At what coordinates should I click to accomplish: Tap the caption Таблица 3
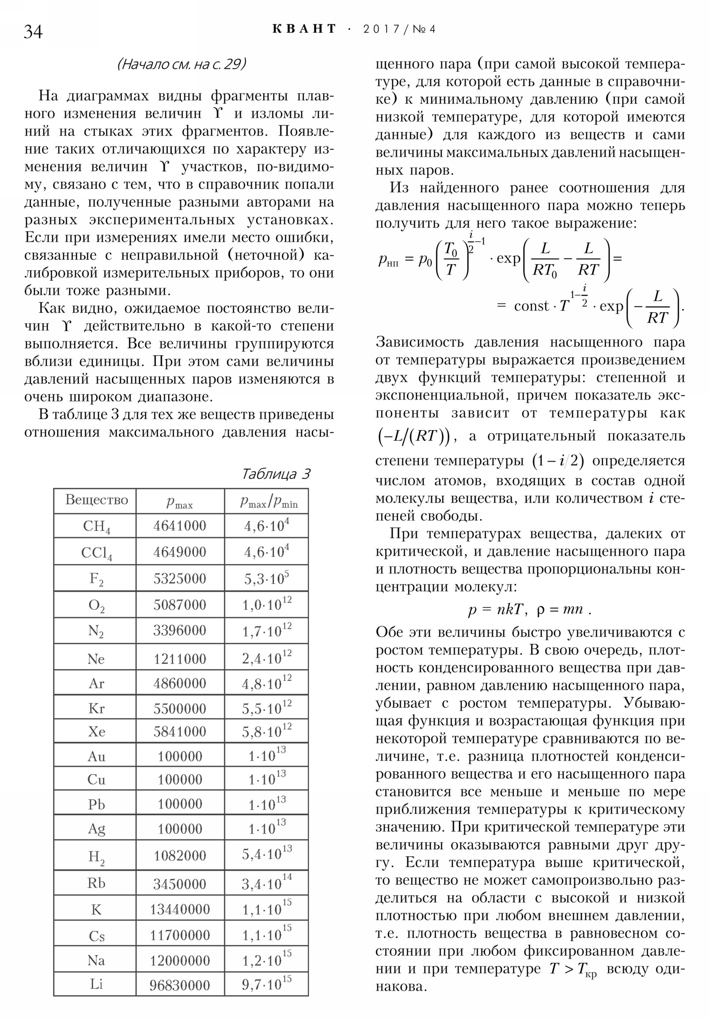[276, 474]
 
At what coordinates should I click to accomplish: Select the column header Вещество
[96, 500]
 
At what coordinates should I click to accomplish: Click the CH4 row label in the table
[96, 526]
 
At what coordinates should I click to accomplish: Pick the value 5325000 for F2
[180, 578]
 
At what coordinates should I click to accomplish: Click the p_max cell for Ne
[180, 659]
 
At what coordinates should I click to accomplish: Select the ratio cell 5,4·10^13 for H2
[267, 853]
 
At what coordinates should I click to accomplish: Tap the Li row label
[96, 984]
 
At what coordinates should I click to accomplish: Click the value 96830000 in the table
[180, 985]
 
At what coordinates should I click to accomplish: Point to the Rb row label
[96, 883]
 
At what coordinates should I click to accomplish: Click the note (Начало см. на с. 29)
[181, 64]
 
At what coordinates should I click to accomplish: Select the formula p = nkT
[497, 609]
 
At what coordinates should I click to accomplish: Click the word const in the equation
[531, 306]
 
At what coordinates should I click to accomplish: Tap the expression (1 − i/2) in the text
[557, 461]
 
